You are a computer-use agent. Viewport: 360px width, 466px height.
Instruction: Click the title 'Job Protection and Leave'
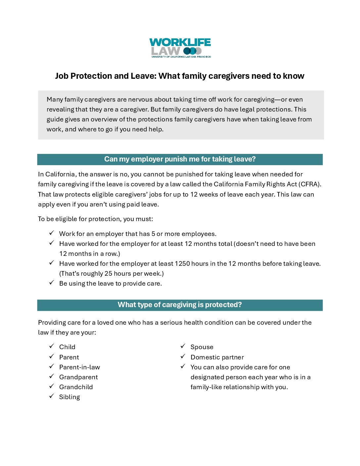(x=105, y=76)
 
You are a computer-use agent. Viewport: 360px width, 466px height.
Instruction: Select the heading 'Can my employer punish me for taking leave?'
(x=180, y=159)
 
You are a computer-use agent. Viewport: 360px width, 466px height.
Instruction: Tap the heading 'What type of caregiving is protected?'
(x=180, y=305)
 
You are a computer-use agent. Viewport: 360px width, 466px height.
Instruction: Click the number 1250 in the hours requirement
(x=182, y=264)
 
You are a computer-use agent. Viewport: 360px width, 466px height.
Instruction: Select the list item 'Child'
(x=67, y=347)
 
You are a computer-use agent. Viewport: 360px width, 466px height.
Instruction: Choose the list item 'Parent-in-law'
(x=79, y=367)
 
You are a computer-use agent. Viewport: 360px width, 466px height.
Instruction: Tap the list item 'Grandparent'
(x=78, y=377)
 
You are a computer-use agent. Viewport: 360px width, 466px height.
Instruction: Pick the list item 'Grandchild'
(x=76, y=387)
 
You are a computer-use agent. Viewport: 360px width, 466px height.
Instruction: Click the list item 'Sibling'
(x=69, y=397)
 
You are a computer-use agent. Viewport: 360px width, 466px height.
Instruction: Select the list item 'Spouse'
(x=202, y=347)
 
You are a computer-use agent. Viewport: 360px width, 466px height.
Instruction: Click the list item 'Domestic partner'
(x=217, y=357)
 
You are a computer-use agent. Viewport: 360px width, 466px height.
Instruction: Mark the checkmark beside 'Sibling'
(x=52, y=396)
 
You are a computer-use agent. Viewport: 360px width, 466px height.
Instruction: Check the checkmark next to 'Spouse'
(x=183, y=346)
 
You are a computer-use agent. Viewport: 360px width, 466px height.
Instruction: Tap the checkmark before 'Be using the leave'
(x=52, y=283)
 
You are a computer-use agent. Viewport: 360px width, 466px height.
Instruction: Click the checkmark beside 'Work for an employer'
(x=52, y=233)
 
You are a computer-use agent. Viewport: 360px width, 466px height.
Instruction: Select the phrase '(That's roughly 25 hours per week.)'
(x=112, y=274)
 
